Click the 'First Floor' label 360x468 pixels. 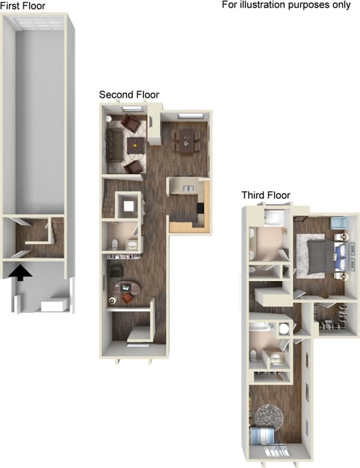(23, 6)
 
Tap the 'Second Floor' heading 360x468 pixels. (129, 95)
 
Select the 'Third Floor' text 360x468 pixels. (266, 195)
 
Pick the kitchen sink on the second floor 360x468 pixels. (188, 188)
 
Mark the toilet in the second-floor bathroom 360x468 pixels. (116, 243)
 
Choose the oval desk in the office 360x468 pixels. (129, 287)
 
